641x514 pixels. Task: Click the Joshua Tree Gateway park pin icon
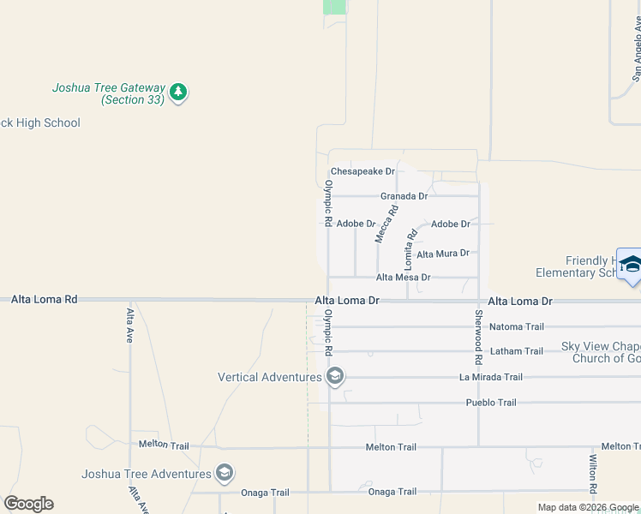pyautogui.click(x=178, y=92)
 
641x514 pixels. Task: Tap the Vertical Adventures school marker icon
pyautogui.click(x=335, y=376)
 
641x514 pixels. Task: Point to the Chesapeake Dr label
pyautogui.click(x=362, y=171)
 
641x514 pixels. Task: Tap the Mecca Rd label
pyautogui.click(x=387, y=223)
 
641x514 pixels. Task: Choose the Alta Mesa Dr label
pyautogui.click(x=403, y=278)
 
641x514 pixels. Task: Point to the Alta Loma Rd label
pyautogui.click(x=44, y=300)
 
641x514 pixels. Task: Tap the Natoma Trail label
pyautogui.click(x=516, y=326)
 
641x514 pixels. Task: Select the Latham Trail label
pyautogui.click(x=516, y=351)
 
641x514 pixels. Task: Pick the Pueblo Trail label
pyautogui.click(x=490, y=403)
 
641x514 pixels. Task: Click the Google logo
pyautogui.click(x=28, y=504)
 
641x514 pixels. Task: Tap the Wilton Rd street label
pyautogui.click(x=592, y=474)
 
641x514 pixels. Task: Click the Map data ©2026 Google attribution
pyautogui.click(x=588, y=507)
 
